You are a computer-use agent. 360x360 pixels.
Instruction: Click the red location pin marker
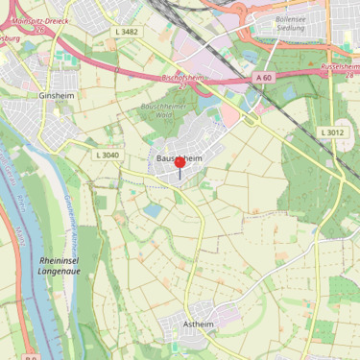coord(180,164)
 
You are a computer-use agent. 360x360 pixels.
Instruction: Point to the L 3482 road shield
coord(126,32)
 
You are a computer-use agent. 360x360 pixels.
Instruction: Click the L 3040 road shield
coord(108,155)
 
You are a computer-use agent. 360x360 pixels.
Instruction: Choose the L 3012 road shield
coord(332,132)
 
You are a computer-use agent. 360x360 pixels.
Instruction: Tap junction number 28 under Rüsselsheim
coord(351,75)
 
